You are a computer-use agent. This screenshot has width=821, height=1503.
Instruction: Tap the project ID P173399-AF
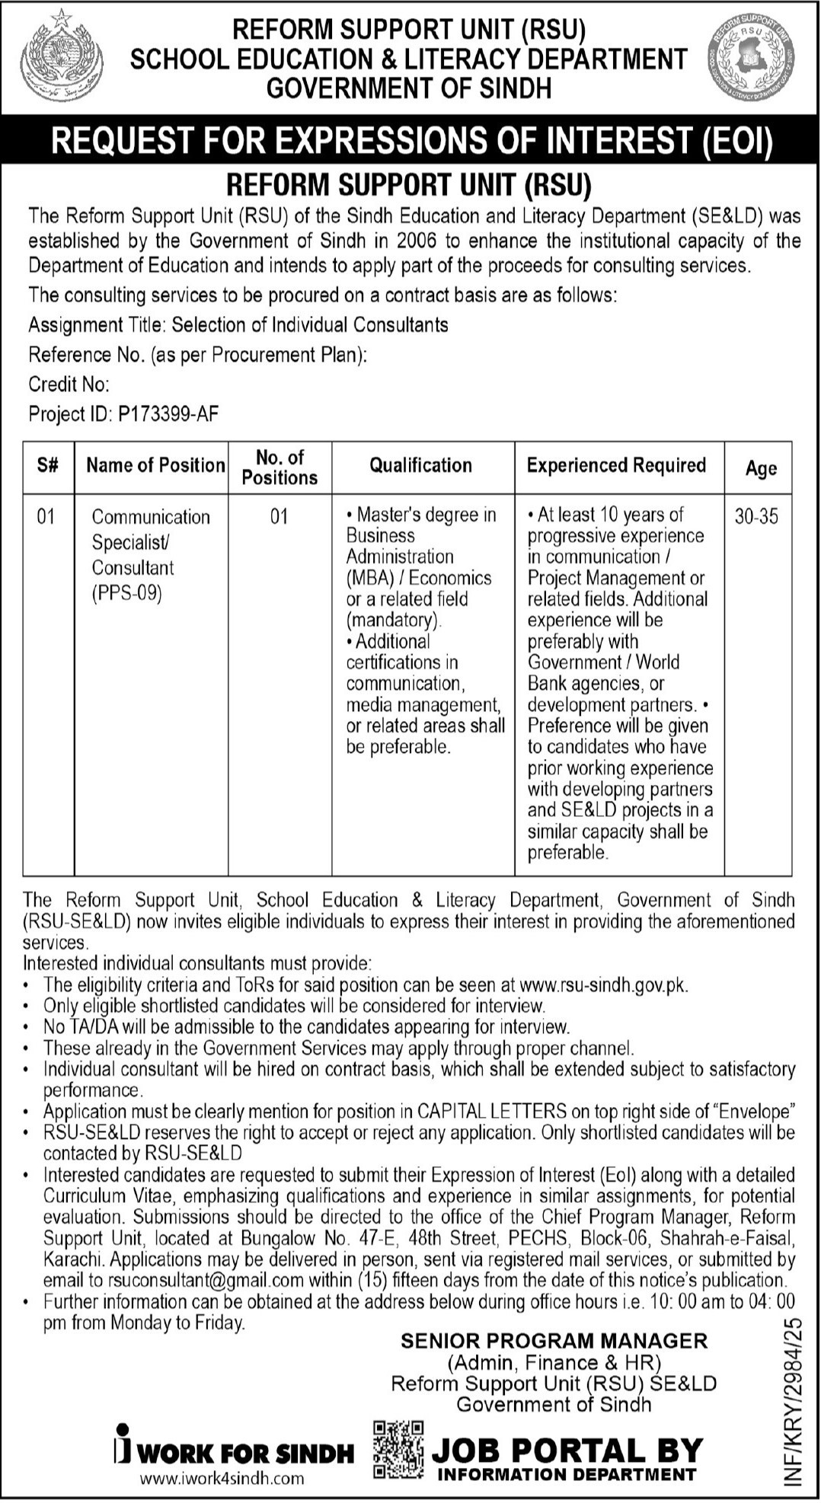pyautogui.click(x=168, y=414)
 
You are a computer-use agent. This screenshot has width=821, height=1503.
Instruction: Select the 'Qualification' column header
pyautogui.click(x=421, y=465)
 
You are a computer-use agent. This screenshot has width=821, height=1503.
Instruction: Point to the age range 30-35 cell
pyautogui.click(x=757, y=516)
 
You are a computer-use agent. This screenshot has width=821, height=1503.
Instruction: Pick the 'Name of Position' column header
pyautogui.click(x=155, y=465)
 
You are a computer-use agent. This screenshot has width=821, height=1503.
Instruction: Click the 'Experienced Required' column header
pyautogui.click(x=616, y=465)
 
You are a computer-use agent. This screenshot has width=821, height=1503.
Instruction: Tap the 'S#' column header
pyautogui.click(x=47, y=465)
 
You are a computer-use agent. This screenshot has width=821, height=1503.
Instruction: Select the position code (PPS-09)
pyautogui.click(x=127, y=592)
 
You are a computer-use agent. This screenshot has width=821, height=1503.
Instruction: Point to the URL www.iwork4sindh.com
pyautogui.click(x=222, y=1479)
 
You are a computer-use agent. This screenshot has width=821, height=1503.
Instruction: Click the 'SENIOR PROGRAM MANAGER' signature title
pyautogui.click(x=554, y=1340)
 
